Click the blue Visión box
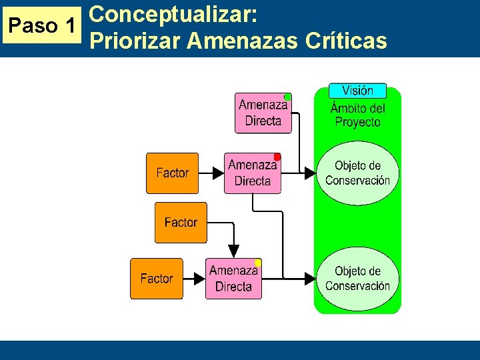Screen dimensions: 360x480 pos(357,90)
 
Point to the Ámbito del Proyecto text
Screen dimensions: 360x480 pos(357,115)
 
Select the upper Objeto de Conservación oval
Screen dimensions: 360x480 pos(357,173)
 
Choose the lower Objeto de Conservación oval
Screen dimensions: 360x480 pos(357,278)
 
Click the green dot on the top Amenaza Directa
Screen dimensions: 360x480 pos(287,97)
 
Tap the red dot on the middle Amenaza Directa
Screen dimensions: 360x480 pos(277,157)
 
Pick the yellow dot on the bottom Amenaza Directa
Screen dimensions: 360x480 pos(258,263)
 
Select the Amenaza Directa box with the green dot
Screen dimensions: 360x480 pos(263,113)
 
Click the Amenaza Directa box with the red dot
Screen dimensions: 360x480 pos(252,173)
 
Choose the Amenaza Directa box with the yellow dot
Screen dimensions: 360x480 pos(233,279)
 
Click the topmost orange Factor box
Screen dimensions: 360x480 pos(172,173)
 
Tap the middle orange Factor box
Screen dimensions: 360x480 pos(181,223)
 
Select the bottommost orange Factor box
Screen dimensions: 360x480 pos(156,279)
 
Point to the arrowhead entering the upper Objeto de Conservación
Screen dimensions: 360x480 pos(309,173)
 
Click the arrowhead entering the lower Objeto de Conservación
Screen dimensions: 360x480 pos(309,278)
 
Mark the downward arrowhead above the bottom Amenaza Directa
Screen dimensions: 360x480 pos(233,251)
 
